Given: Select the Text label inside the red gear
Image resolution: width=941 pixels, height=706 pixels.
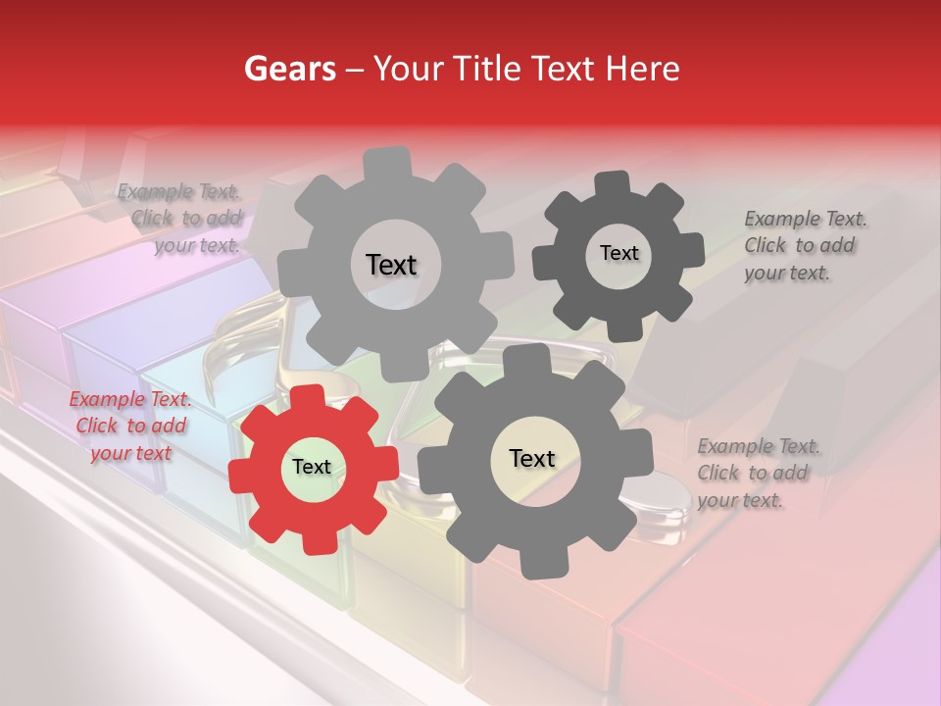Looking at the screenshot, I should tap(312, 468).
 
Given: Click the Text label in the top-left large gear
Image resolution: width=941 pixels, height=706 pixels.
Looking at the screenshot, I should tap(391, 265).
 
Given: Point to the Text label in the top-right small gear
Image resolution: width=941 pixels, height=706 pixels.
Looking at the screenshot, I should tap(619, 253).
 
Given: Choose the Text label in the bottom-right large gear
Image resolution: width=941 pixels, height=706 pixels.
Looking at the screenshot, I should tap(532, 458).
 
